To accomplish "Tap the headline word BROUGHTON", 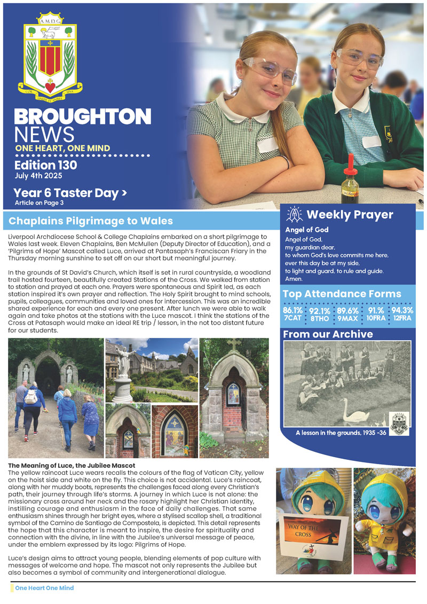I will [82, 117].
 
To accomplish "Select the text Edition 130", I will [45, 166].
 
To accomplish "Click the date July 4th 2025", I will [38, 176].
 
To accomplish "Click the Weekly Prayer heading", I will [350, 215].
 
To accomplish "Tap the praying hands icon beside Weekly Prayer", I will [294, 215].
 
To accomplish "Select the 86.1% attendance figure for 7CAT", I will [292, 310].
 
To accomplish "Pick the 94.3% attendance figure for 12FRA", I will [402, 310].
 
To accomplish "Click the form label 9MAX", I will [347, 319].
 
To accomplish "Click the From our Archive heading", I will [328, 334].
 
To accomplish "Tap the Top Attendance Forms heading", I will [342, 294].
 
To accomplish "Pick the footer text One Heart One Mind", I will [44, 588].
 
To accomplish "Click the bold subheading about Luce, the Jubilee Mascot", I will [72, 465].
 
